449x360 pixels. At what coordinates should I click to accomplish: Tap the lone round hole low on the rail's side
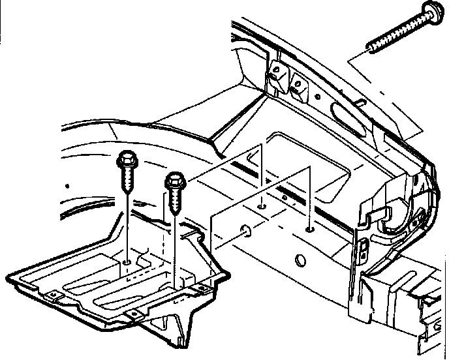click(301, 261)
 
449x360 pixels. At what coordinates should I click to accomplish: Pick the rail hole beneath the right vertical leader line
click(309, 230)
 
